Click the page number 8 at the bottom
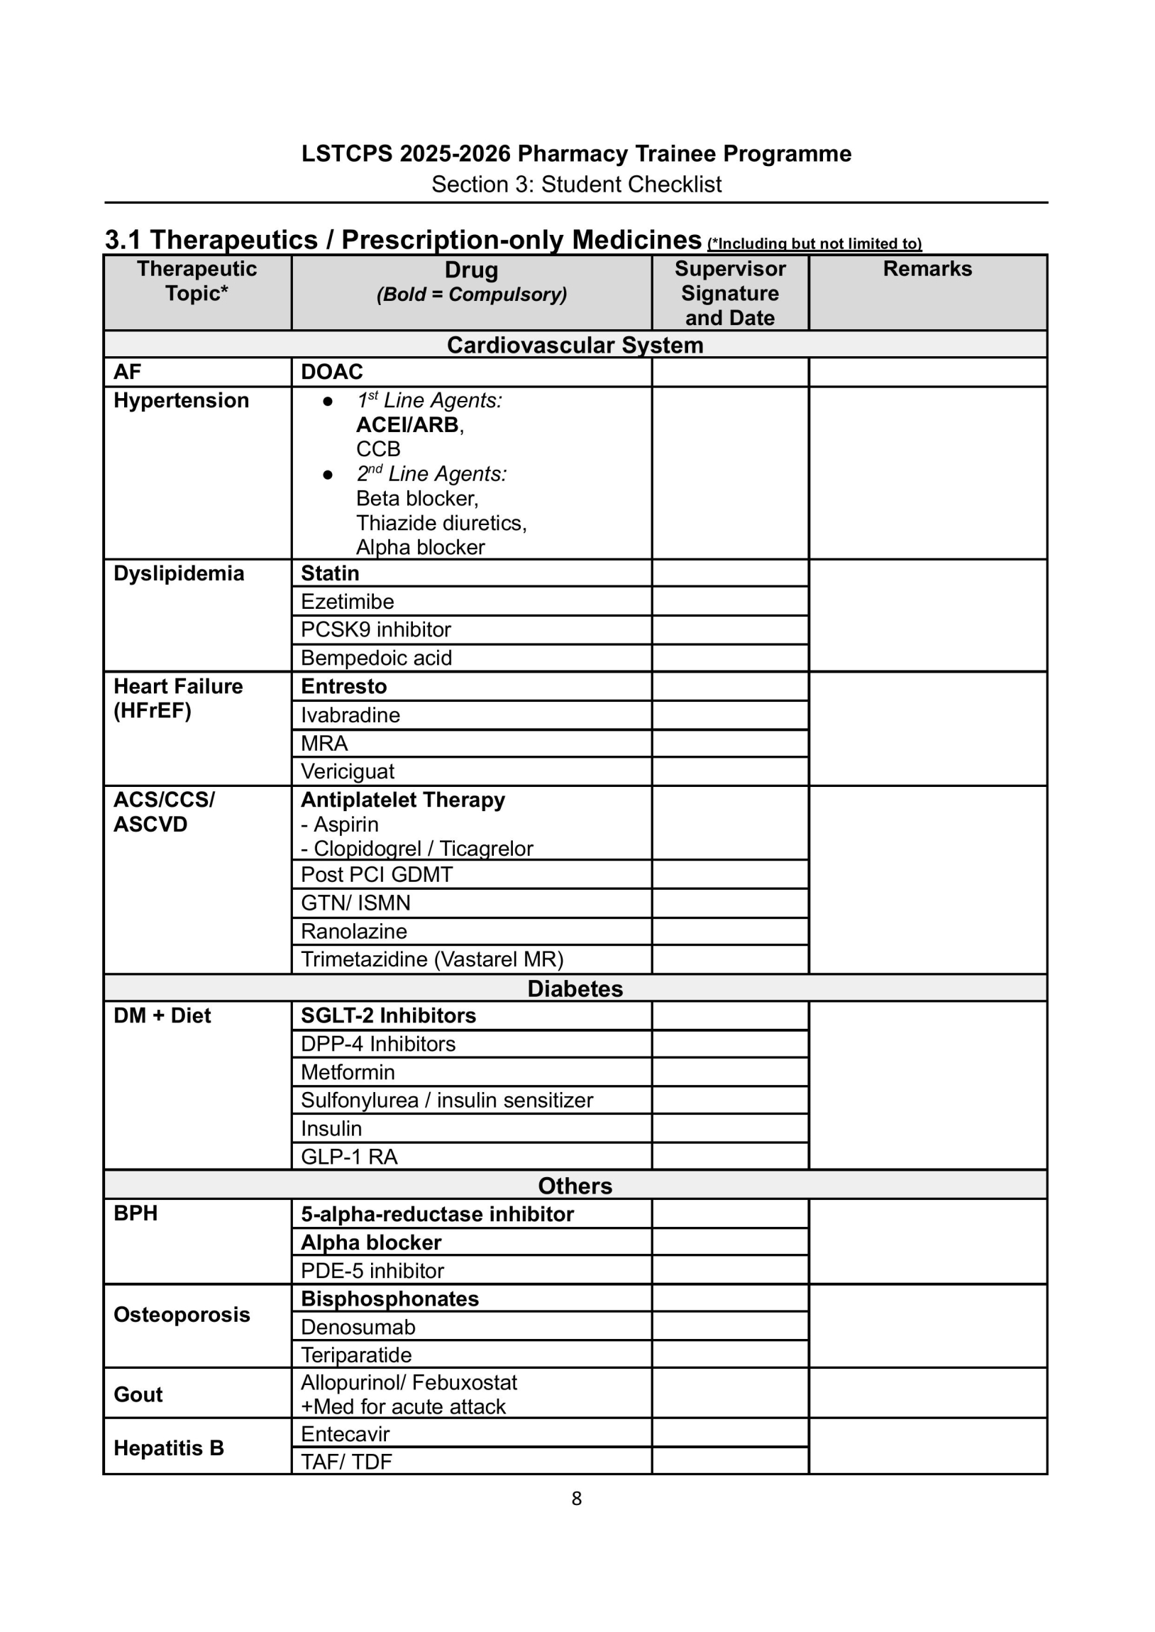[576, 1499]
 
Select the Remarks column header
[927, 269]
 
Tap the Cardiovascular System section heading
[575, 345]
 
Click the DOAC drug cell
[331, 372]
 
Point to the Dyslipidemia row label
[179, 573]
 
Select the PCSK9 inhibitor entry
[375, 629]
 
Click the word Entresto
[343, 686]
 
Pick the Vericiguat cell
[347, 771]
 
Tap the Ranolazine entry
[353, 931]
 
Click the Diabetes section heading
[575, 988]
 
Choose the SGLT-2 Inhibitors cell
[388, 1015]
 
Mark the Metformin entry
[347, 1071]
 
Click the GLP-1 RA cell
[348, 1157]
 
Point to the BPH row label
[135, 1213]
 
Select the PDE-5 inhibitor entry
[372, 1270]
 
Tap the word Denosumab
[358, 1327]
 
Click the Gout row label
[138, 1394]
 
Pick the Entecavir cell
[345, 1433]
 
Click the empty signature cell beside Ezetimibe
[730, 602]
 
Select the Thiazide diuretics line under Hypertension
[441, 523]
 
